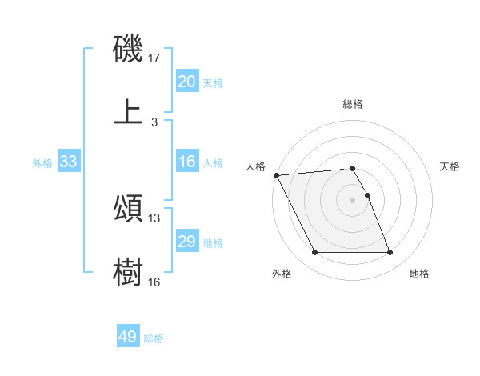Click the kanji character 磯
(x=128, y=50)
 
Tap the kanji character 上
(x=128, y=111)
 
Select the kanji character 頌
(x=128, y=209)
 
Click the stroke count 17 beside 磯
(x=154, y=58)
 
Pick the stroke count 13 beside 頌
(x=154, y=218)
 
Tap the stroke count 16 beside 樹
(x=154, y=282)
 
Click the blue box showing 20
(x=186, y=82)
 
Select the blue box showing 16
(x=186, y=162)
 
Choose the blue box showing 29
(x=186, y=242)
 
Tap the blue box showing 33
(x=69, y=162)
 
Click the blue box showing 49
(x=127, y=337)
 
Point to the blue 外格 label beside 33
(x=42, y=163)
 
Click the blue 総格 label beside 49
(x=154, y=338)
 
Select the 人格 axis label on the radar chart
(x=256, y=166)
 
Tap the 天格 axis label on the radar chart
(x=450, y=166)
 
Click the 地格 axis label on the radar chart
(x=419, y=274)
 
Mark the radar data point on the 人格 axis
(x=276, y=175)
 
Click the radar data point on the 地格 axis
(x=390, y=253)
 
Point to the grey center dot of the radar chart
(x=352, y=199)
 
